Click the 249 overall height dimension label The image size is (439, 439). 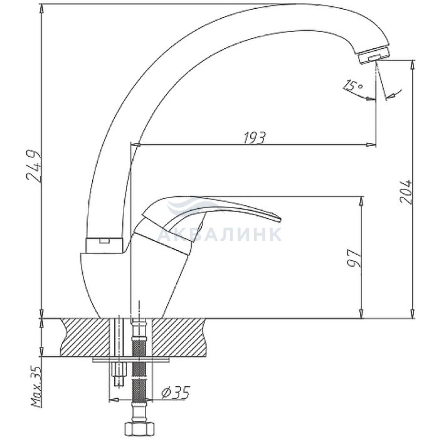(x=34, y=167)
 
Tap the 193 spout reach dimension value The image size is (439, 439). (x=254, y=138)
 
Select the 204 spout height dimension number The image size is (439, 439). (x=406, y=192)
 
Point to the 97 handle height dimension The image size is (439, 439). (x=354, y=258)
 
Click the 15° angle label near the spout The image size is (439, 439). (x=353, y=85)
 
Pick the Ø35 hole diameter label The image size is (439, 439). (x=176, y=393)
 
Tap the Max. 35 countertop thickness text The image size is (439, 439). (x=36, y=386)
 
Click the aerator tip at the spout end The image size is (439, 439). (x=374, y=57)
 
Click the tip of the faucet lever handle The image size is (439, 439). (x=279, y=218)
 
